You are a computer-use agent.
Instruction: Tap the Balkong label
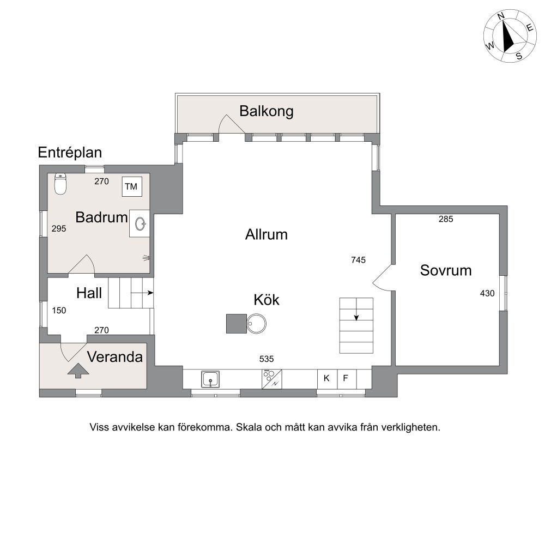point(267,111)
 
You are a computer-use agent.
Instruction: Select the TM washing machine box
point(131,187)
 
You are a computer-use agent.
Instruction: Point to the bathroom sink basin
point(141,223)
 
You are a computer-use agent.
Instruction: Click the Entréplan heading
point(70,153)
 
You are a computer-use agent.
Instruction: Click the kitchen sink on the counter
point(210,378)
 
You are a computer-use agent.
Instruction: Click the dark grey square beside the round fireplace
point(237,323)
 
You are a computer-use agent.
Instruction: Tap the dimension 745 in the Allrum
point(358,260)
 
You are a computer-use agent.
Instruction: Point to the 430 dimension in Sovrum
point(487,293)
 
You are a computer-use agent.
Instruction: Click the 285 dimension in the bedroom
point(446,220)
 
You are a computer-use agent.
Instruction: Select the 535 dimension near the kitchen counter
point(267,359)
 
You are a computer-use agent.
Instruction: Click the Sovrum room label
point(445,270)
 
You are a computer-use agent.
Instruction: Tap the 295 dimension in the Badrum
point(58,229)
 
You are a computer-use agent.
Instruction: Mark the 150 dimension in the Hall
point(58,310)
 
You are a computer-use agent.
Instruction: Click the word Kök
point(267,299)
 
